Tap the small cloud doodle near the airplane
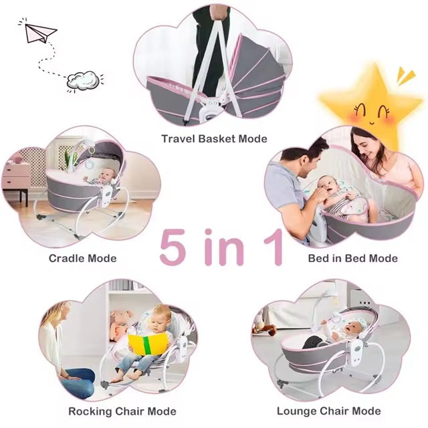84,80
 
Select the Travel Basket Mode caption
214,139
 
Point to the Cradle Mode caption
82,258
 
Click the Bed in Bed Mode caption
352,258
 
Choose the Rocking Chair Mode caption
122,411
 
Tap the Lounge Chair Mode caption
328,411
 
